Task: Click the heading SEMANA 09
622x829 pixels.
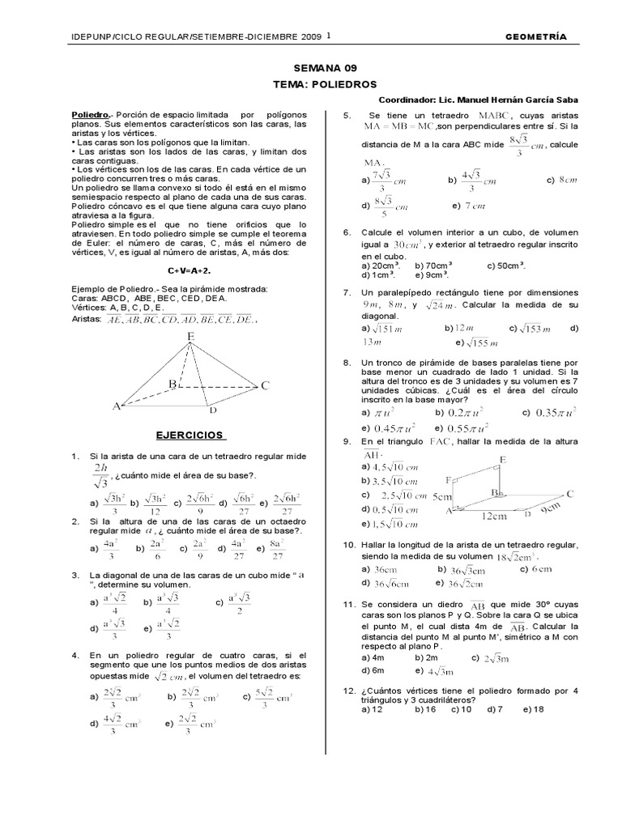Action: point(310,68)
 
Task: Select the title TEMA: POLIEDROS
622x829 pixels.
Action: point(310,83)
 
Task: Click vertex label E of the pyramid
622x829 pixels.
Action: point(190,335)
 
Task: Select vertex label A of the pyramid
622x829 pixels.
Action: point(116,406)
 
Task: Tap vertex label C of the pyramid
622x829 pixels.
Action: point(265,385)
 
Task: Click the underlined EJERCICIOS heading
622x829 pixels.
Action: point(190,435)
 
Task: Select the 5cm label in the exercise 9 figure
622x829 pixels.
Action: point(441,495)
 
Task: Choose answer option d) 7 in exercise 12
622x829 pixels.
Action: point(495,709)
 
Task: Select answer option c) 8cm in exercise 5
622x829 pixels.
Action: point(559,180)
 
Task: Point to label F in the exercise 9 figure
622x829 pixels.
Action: point(448,479)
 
